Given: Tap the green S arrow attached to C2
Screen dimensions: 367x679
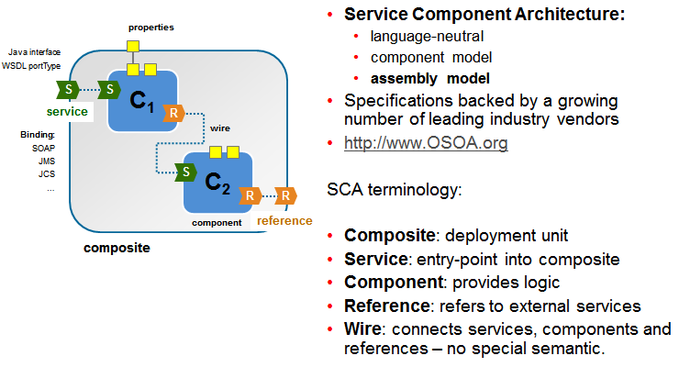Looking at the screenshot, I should tap(186, 172).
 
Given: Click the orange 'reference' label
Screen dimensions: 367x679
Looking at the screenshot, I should tap(284, 220).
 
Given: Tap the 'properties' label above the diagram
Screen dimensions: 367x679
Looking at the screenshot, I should tap(150, 28).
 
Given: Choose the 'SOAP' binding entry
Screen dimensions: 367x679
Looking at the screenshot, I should tap(43, 147).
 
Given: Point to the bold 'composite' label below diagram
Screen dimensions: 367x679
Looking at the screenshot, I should tap(117, 248).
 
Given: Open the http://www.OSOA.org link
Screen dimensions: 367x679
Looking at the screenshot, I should tap(426, 143).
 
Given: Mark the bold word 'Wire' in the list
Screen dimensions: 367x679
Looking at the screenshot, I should tap(362, 329).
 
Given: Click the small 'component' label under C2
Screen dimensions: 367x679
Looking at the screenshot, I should tap(217, 222).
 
